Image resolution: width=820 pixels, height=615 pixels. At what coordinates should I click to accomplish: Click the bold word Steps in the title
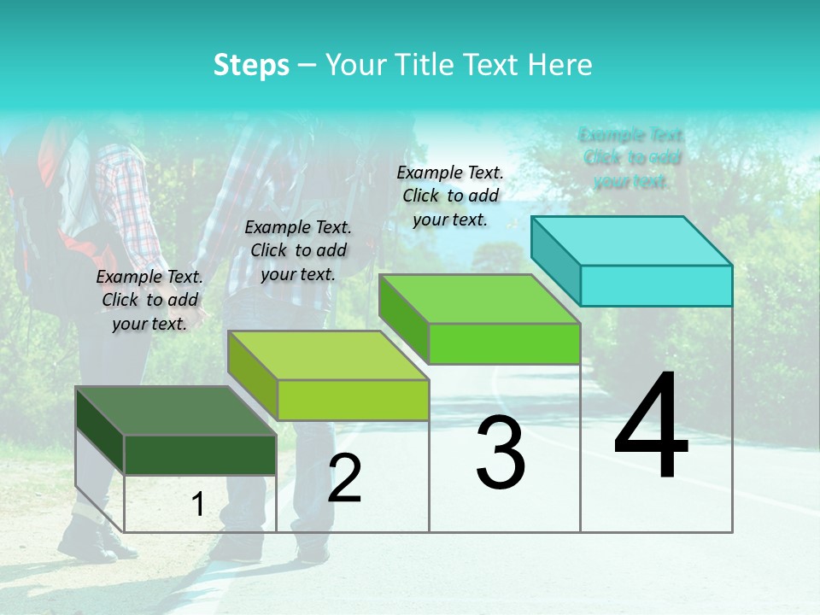tap(251, 65)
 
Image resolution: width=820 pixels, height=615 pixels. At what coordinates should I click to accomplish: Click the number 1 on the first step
tap(198, 504)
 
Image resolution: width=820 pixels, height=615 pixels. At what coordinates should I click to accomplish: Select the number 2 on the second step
tap(344, 478)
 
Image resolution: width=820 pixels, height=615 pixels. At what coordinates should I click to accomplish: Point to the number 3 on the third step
tap(500, 453)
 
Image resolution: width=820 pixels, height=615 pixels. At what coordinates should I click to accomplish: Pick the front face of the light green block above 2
tap(353, 400)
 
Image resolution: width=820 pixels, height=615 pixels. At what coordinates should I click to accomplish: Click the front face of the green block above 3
tap(504, 343)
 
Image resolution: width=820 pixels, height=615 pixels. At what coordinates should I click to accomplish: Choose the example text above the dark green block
tap(149, 300)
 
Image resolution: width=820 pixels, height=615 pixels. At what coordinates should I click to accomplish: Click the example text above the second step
tap(298, 250)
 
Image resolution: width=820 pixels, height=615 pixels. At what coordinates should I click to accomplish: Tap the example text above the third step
tap(450, 196)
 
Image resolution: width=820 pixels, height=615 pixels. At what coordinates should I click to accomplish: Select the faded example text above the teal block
tap(631, 157)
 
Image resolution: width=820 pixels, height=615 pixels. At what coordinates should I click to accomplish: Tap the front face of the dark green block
tap(200, 454)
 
